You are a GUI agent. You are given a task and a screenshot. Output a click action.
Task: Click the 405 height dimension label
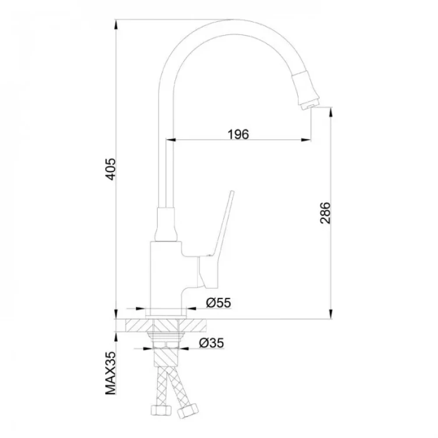(112, 169)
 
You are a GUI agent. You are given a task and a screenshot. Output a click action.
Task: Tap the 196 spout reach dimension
(238, 134)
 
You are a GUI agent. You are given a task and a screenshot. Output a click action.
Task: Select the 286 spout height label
(325, 213)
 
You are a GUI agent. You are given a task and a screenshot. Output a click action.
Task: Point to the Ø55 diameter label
(219, 303)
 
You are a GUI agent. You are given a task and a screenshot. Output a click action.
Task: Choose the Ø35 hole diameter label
(212, 343)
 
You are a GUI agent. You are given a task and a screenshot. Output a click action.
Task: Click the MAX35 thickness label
(111, 373)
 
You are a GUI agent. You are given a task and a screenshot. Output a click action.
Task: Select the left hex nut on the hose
(161, 410)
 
